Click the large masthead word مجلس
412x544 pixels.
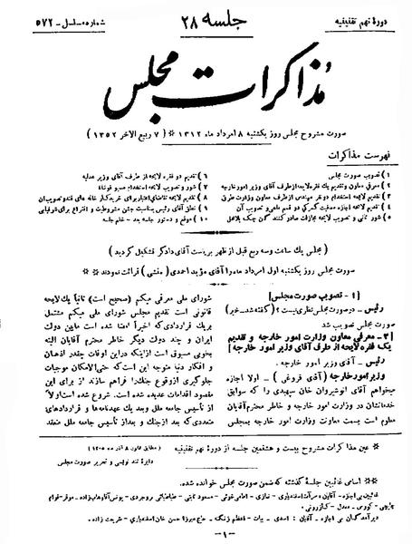click(x=135, y=92)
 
